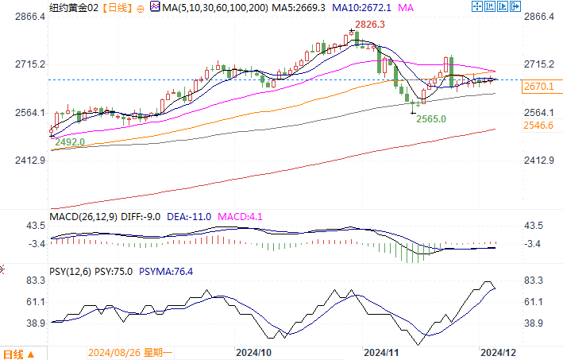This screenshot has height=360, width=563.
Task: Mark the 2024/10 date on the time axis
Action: coord(254,351)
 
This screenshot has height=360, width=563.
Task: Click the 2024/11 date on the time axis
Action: coord(381,351)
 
